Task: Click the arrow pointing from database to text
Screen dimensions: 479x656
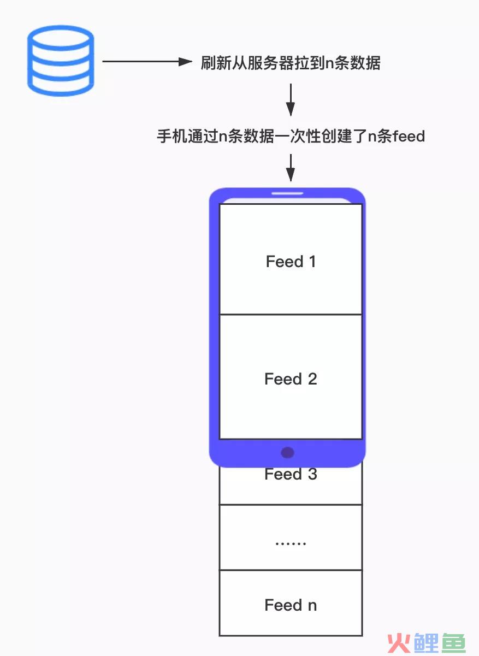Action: click(x=147, y=62)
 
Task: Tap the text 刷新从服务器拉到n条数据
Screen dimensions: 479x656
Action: click(x=291, y=63)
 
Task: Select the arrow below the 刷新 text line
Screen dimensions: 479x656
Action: click(x=291, y=100)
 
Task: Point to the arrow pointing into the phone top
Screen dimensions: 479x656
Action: click(x=291, y=168)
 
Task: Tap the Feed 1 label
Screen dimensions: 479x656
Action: click(x=291, y=261)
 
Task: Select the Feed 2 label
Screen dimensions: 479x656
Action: click(x=291, y=379)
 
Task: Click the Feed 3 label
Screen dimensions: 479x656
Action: click(x=291, y=474)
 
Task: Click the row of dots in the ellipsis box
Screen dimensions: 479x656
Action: click(x=291, y=543)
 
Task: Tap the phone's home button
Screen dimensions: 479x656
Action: click(x=287, y=452)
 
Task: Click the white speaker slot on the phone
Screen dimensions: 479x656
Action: click(x=287, y=193)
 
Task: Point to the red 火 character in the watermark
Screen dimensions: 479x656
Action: click(x=399, y=643)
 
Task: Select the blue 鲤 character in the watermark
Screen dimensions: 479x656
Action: click(x=427, y=643)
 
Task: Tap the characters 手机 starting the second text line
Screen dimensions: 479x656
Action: click(x=172, y=136)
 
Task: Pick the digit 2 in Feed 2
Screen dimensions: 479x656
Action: click(x=312, y=379)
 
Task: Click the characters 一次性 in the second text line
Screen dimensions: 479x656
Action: click(x=298, y=136)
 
